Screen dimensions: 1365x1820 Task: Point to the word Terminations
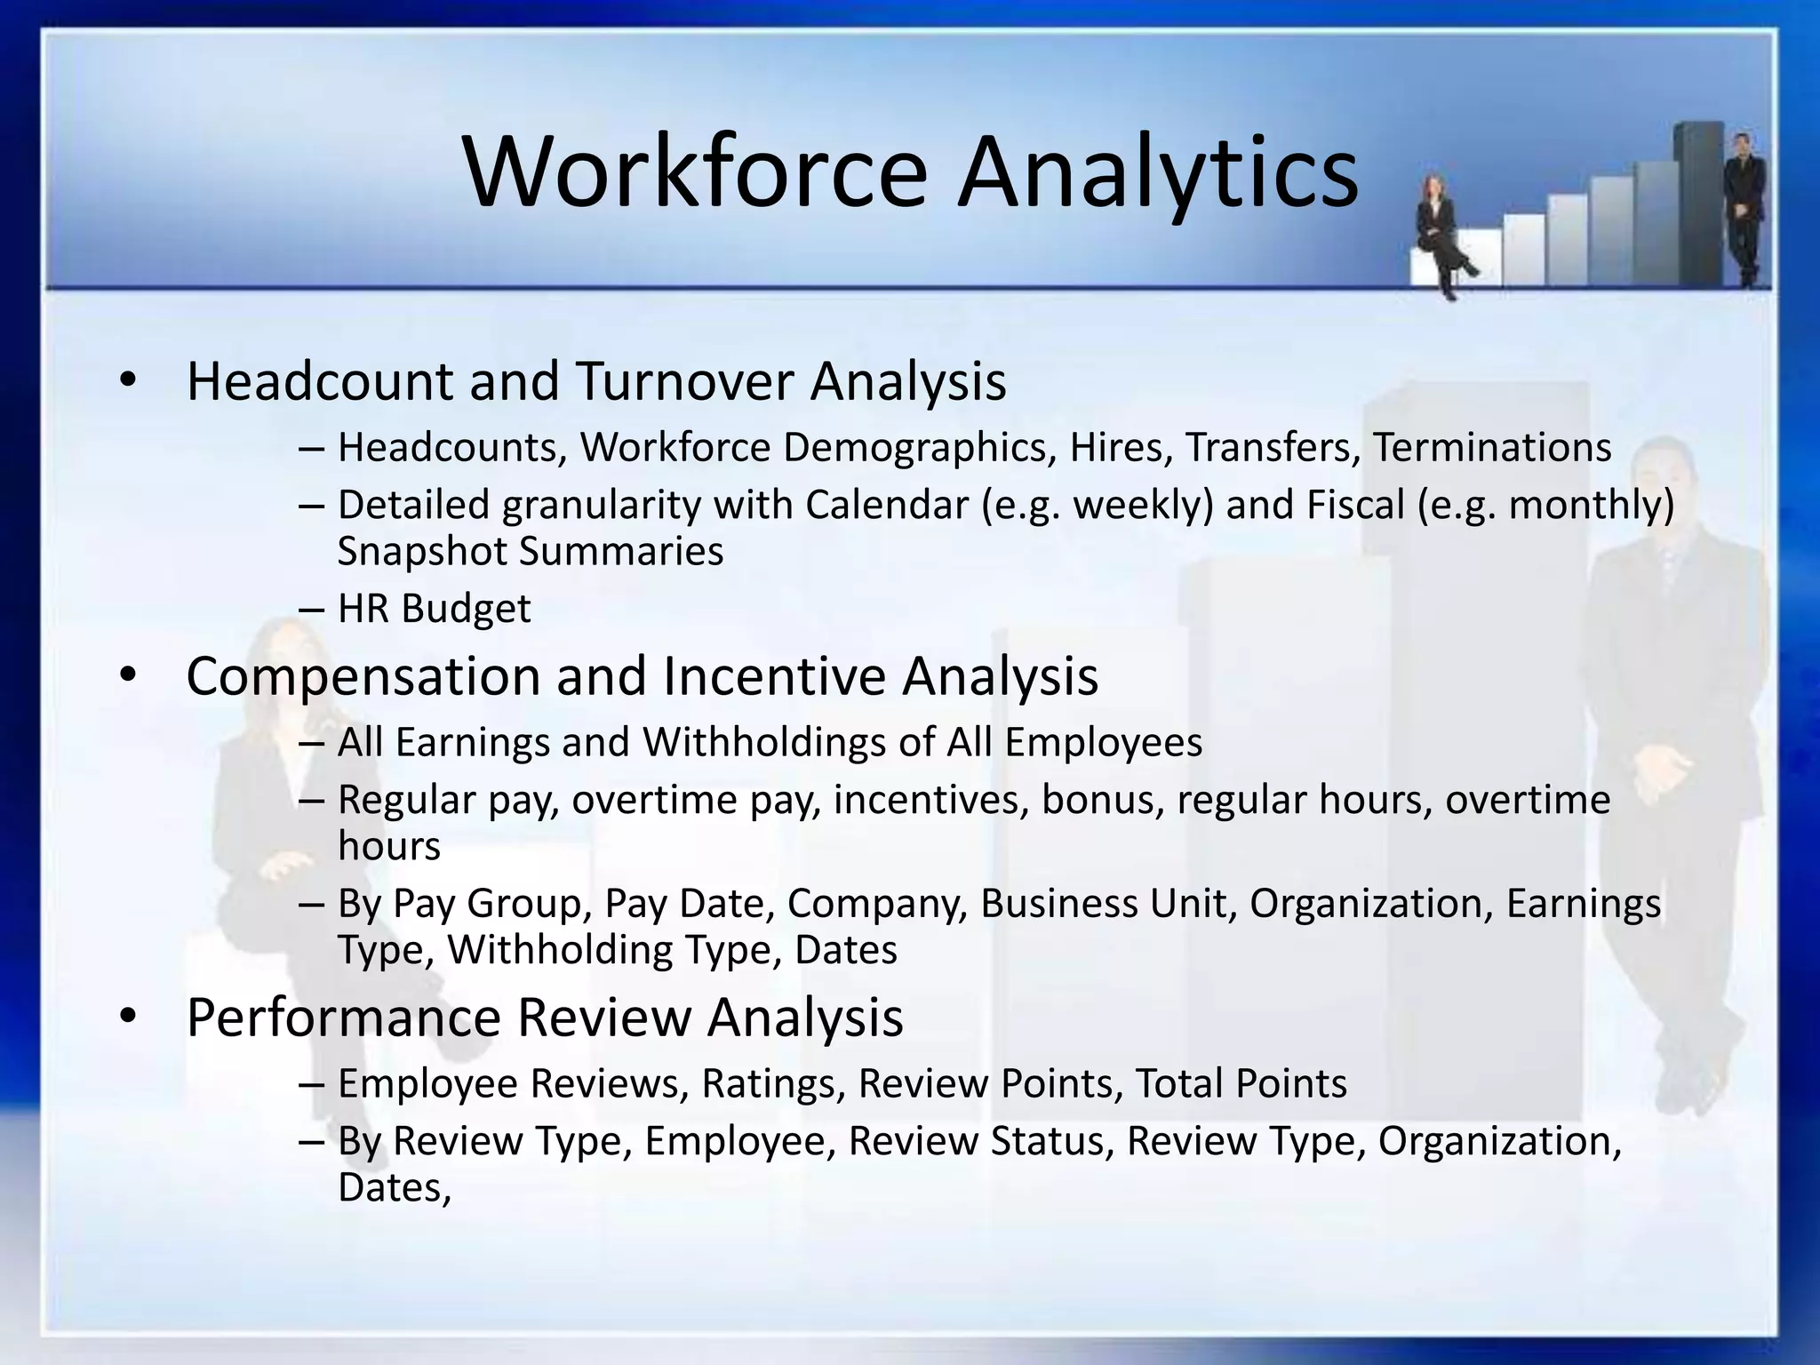pyautogui.click(x=1492, y=447)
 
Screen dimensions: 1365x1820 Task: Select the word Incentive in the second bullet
pyautogui.click(x=774, y=676)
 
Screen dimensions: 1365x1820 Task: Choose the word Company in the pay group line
pyautogui.click(x=876, y=904)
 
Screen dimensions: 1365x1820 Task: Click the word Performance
pyautogui.click(x=344, y=1018)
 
